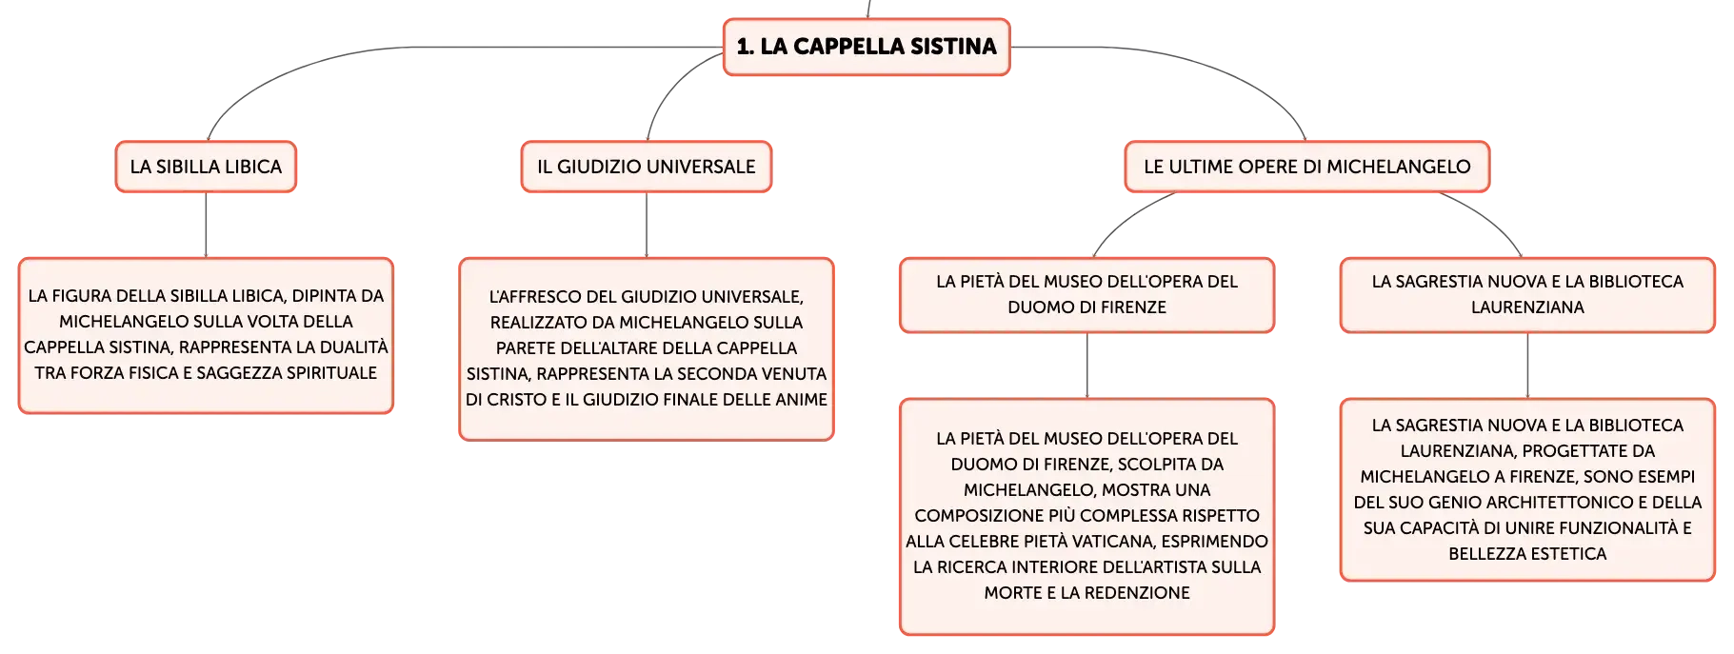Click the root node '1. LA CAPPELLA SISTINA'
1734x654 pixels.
tap(867, 47)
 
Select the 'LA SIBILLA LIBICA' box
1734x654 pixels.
tap(206, 167)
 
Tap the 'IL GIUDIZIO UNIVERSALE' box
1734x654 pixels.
tap(647, 167)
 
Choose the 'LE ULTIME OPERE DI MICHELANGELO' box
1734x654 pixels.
tap(1307, 167)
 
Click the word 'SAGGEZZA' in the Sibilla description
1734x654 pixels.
tap(239, 373)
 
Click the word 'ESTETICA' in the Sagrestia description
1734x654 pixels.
tap(1569, 554)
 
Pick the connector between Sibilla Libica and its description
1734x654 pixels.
tap(206, 225)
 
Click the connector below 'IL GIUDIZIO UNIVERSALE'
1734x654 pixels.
tap(647, 225)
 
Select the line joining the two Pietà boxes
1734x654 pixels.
tap(1087, 366)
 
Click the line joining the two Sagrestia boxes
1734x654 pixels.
tap(1527, 366)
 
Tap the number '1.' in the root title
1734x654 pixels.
tap(745, 47)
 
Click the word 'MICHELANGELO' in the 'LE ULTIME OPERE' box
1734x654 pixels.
tap(1399, 167)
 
